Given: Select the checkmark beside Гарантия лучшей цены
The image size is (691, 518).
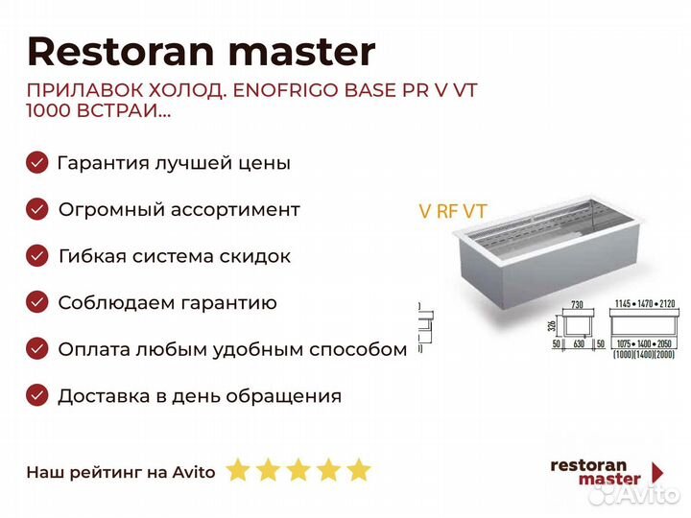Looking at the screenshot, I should point(36,162).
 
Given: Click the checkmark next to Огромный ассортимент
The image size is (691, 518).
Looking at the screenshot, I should point(36,209).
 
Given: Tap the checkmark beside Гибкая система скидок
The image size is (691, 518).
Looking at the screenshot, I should point(36,256).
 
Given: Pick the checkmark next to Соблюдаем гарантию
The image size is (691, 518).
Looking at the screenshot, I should point(36,303).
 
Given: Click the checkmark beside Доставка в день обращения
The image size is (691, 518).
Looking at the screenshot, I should point(36,395).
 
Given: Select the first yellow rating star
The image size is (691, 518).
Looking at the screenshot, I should point(237,470).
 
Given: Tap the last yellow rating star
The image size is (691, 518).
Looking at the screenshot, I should point(358,470).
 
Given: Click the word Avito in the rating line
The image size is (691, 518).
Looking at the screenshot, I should point(195,471).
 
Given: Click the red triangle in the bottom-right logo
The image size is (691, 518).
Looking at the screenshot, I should point(657,472).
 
